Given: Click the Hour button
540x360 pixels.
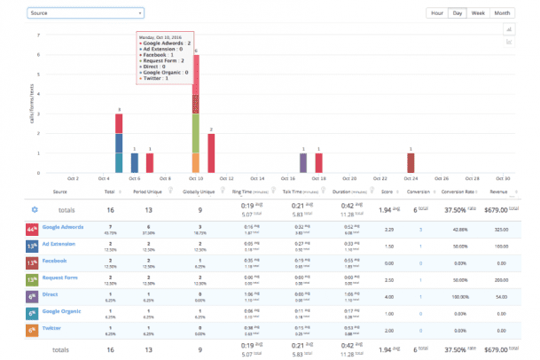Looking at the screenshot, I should [x=436, y=13].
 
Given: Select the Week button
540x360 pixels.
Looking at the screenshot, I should [x=479, y=13].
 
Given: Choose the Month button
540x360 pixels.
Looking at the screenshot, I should [x=502, y=13].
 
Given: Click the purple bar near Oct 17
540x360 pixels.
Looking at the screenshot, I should [x=303, y=163].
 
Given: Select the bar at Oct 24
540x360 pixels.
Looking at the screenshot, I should [x=411, y=163].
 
